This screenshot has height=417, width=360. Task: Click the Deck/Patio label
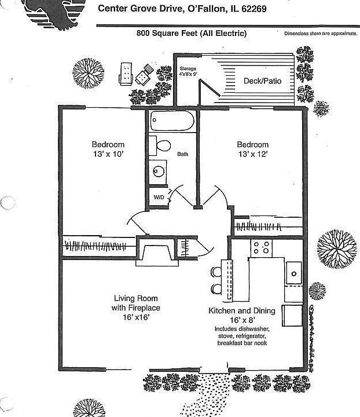pos(262,81)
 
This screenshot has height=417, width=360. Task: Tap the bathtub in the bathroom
pos(171,122)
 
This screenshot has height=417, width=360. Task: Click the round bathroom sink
pos(158,171)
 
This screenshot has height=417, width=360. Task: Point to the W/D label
pos(158,198)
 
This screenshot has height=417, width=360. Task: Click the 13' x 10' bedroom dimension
pos(108,155)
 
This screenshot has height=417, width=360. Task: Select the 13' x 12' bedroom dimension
pos(252,155)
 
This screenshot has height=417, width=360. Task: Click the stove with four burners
pos(261,248)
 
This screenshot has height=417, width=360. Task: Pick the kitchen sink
pos(293,272)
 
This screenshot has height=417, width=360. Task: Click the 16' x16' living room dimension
pos(135,318)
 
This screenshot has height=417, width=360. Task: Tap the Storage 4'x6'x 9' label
pos(189,71)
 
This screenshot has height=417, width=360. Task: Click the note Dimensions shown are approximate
pos(320,34)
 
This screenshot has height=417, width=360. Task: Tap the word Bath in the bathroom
pos(182,154)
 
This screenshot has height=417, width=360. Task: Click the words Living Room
pos(135,299)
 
